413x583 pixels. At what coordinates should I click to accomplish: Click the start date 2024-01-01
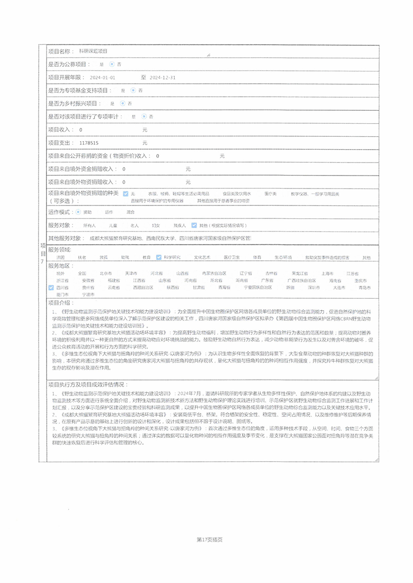point(102,78)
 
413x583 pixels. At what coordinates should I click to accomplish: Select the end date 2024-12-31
point(163,78)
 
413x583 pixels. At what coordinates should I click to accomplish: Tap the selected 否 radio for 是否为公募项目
point(111,64)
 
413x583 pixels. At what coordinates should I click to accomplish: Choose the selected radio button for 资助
point(78,212)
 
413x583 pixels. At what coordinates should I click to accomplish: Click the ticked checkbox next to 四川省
point(51,288)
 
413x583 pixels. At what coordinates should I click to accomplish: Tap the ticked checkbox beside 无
point(126,194)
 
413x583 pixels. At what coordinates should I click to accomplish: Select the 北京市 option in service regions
point(105,274)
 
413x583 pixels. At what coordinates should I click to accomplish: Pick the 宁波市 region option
point(88,295)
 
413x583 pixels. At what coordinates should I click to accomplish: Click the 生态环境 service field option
point(283,258)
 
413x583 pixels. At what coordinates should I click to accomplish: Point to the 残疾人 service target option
point(180,226)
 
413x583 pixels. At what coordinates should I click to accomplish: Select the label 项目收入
point(59,130)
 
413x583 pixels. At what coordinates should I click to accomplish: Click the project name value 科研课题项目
point(93,51)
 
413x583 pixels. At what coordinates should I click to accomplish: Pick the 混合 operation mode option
point(131,212)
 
